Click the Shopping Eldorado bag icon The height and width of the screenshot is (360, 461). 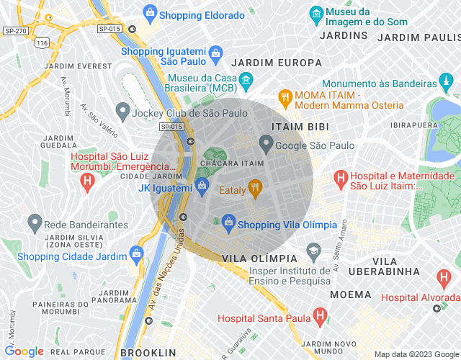tap(150, 12)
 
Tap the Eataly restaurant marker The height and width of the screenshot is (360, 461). tap(254, 189)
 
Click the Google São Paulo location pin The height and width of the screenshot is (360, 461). tap(266, 145)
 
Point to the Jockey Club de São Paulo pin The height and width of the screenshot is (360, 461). tap(120, 112)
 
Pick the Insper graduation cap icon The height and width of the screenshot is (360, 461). tap(313, 252)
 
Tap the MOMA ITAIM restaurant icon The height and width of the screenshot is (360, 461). tap(285, 96)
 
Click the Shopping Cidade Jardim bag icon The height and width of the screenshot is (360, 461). tap(136, 253)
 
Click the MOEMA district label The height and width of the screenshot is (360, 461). tap(351, 294)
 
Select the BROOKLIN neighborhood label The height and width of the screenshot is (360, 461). tap(149, 352)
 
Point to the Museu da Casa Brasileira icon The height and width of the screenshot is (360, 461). tap(246, 79)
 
